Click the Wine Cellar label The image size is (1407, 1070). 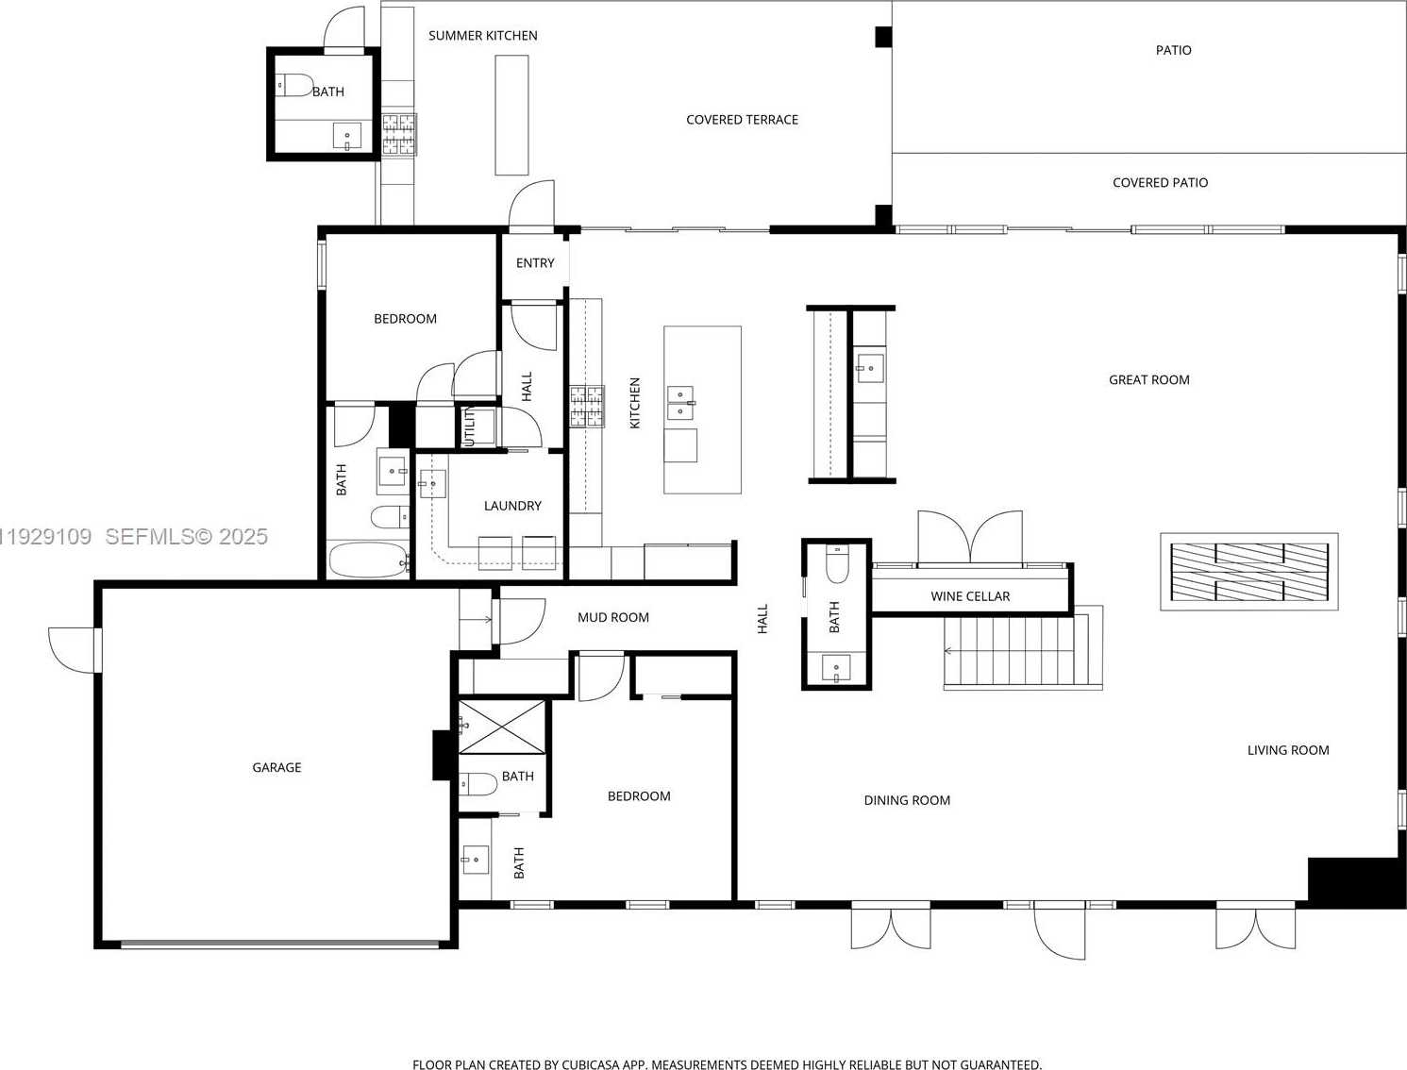click(970, 596)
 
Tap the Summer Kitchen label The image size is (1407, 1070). click(482, 36)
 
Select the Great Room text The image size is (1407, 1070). click(1148, 380)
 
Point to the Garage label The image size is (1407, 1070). click(276, 767)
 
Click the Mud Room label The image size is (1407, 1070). click(612, 618)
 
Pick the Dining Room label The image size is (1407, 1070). click(907, 800)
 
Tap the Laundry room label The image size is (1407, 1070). click(512, 506)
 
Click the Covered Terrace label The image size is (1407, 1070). click(742, 120)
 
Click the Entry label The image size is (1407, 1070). click(535, 263)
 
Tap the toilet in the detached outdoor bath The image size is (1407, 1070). click(293, 85)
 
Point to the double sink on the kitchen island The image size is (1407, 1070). click(680, 402)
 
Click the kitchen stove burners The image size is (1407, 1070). click(587, 407)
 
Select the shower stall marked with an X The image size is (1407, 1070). click(501, 727)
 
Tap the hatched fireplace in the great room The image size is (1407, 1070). click(1248, 572)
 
